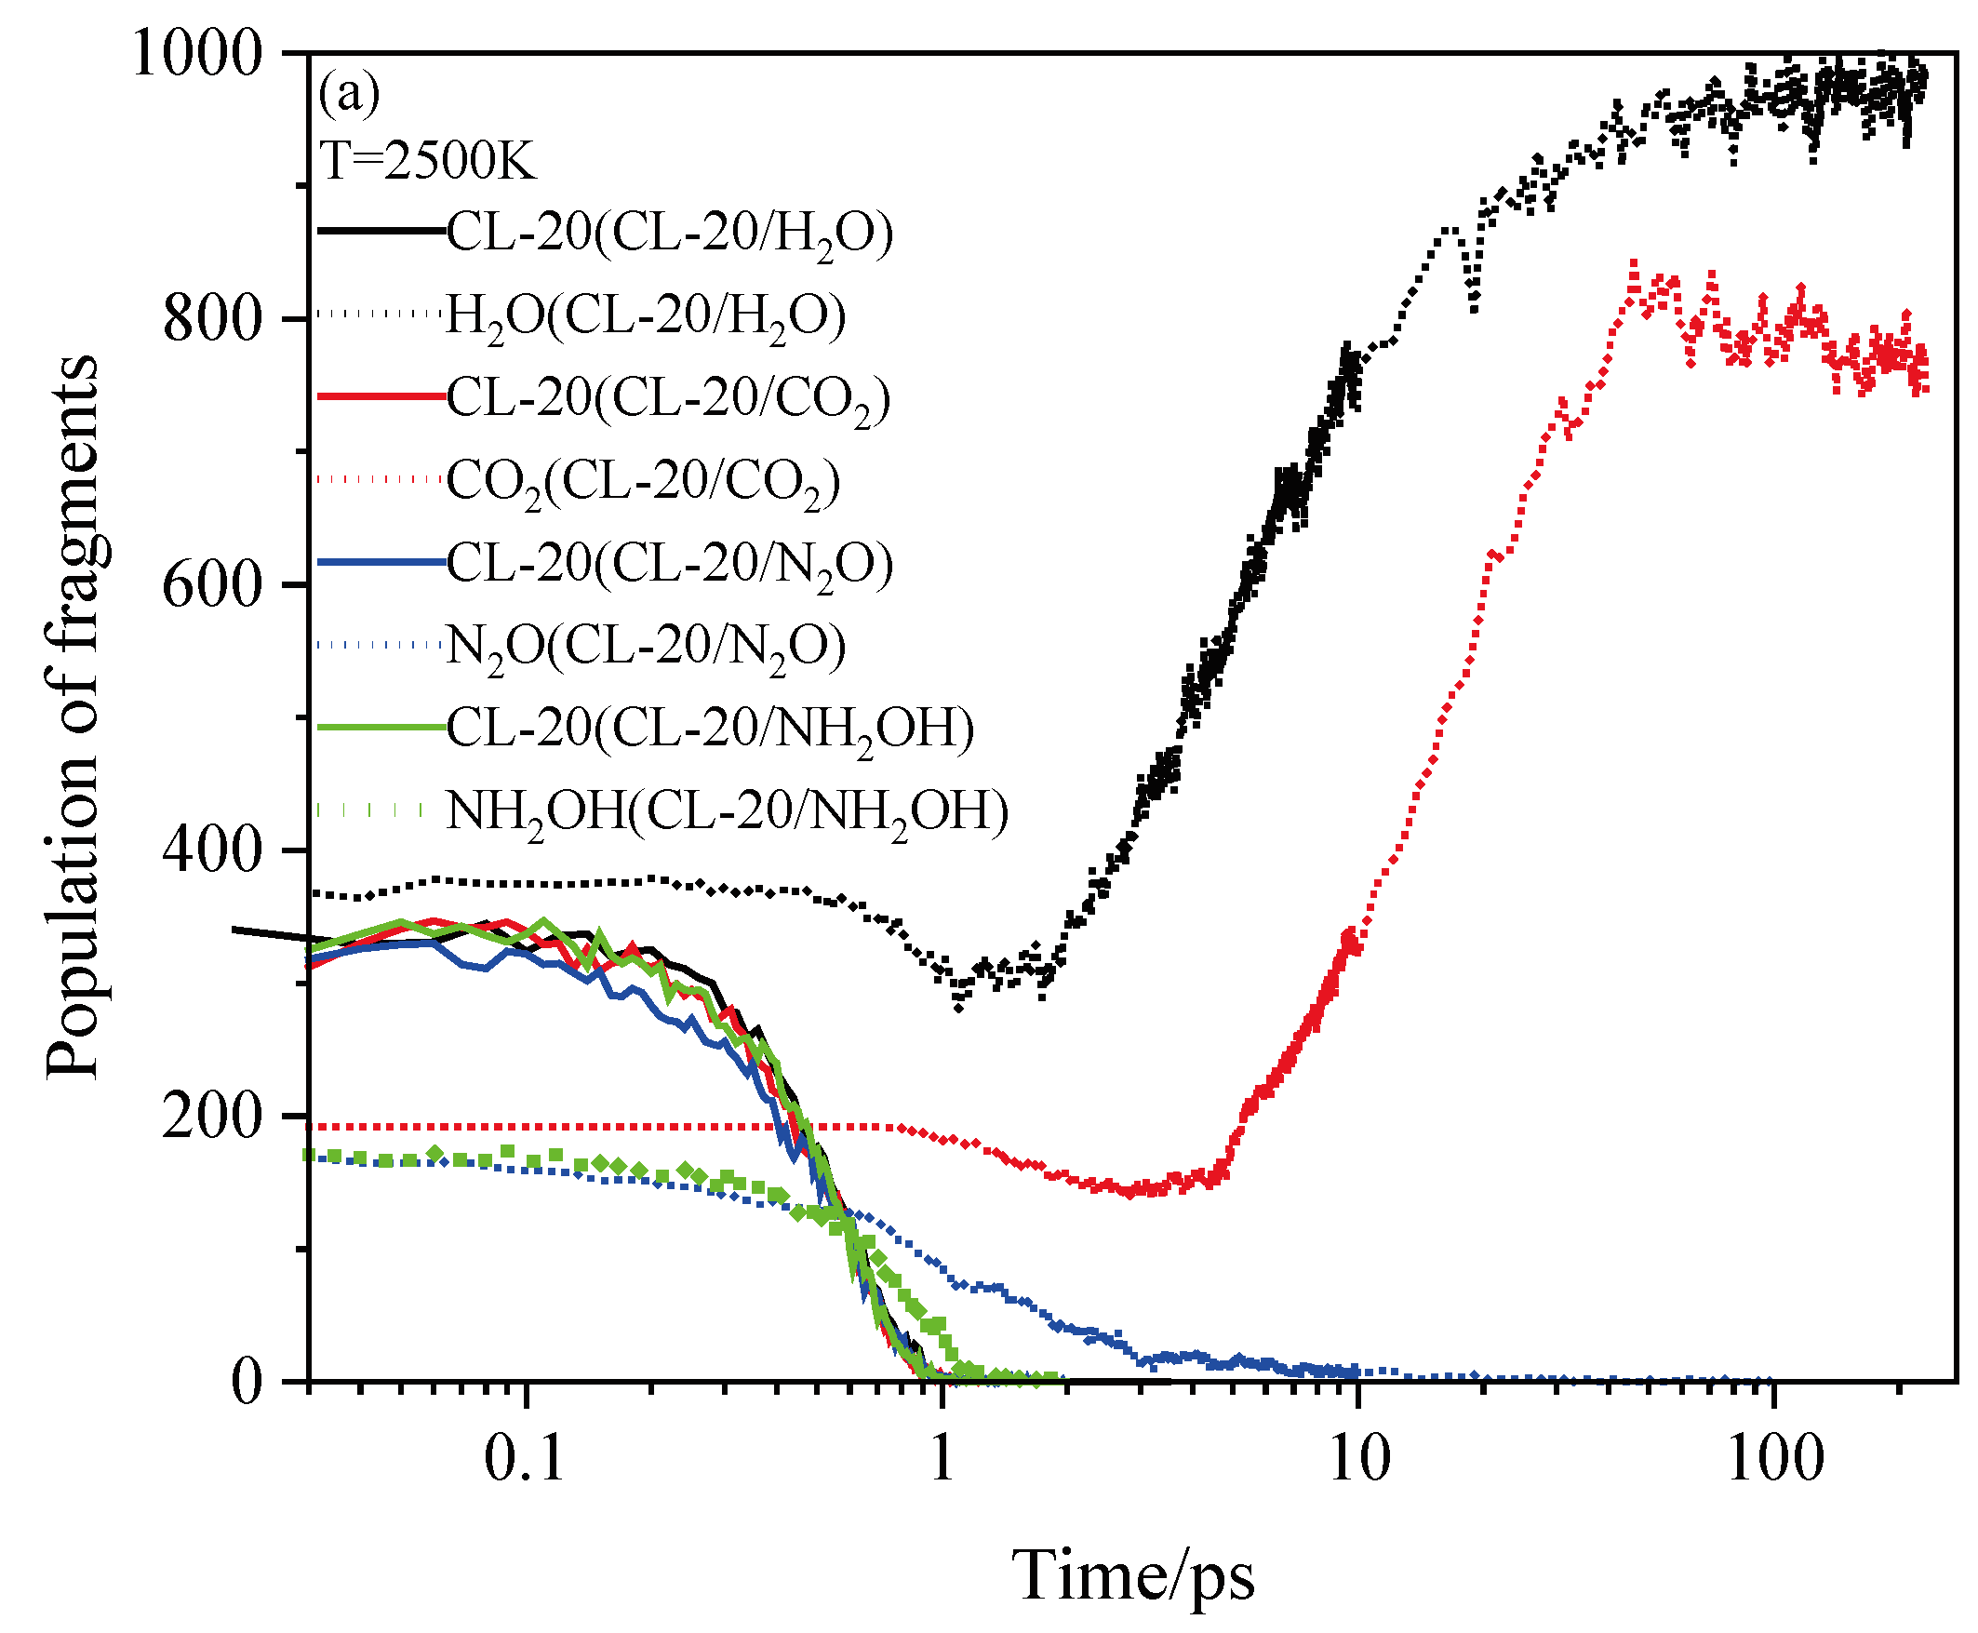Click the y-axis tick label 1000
click(x=195, y=55)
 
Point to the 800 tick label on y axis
click(x=210, y=320)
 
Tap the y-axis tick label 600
click(x=210, y=585)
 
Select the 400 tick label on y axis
click(x=210, y=850)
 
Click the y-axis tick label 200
click(x=210, y=1117)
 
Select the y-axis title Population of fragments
click(x=73, y=716)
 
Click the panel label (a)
click(x=349, y=94)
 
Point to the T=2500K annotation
click(x=427, y=161)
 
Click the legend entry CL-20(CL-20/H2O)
click(x=669, y=233)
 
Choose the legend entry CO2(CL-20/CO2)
click(x=642, y=482)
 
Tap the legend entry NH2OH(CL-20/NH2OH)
click(x=726, y=811)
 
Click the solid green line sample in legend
click(x=381, y=727)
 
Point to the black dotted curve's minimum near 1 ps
click(x=958, y=1008)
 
